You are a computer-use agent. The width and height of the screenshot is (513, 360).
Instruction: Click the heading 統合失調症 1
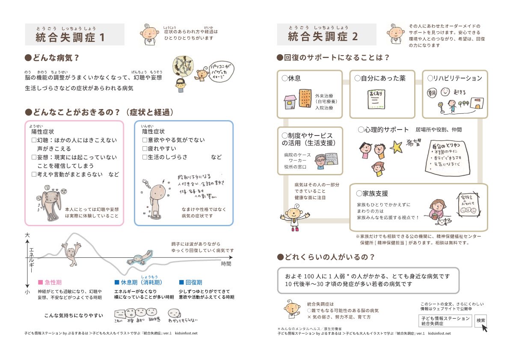71,37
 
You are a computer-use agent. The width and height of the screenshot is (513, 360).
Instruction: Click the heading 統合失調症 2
323,37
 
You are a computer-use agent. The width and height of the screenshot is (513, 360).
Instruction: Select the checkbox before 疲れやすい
145,148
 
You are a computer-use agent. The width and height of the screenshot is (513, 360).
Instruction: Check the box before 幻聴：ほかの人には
34,140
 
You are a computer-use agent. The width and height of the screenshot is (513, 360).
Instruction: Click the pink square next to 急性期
41,283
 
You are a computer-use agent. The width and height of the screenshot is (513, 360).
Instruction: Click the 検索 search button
480,320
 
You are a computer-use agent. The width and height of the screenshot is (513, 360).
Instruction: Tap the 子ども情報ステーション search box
445,321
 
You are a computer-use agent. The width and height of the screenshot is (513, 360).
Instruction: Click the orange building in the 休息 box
305,99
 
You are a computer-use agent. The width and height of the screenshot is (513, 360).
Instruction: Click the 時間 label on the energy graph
226,264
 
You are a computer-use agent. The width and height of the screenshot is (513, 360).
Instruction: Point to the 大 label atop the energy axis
27,235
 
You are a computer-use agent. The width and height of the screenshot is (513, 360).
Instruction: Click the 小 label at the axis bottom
27,292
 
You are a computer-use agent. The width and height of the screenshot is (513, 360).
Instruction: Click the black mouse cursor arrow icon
485,328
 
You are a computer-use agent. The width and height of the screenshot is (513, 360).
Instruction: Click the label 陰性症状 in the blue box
153,131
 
